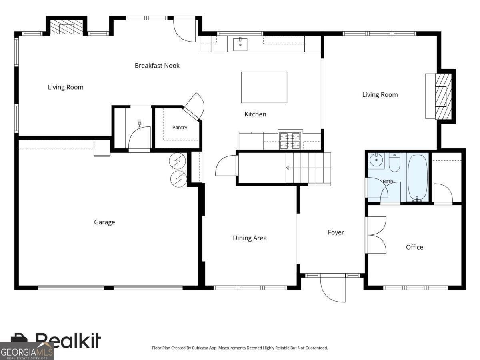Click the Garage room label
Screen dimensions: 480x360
[x=104, y=222]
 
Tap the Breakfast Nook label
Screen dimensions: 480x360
[x=157, y=66]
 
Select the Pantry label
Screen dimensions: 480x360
[x=180, y=128]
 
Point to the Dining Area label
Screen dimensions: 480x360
[x=250, y=238]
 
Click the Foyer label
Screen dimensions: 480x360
[x=336, y=232]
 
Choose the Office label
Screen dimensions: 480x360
[x=414, y=247]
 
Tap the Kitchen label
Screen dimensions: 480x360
[x=255, y=114]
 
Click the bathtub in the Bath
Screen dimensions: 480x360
[x=418, y=178]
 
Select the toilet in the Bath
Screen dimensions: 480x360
[x=394, y=162]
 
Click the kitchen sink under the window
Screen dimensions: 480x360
[x=240, y=44]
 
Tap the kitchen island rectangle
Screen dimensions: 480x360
[x=264, y=87]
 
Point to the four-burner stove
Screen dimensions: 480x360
[x=290, y=141]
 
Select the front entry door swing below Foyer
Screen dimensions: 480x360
[x=333, y=289]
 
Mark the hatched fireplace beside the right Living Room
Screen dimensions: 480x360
[x=443, y=96]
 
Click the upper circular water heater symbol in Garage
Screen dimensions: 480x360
[x=177, y=161]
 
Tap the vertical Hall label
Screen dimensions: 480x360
[x=139, y=124]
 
